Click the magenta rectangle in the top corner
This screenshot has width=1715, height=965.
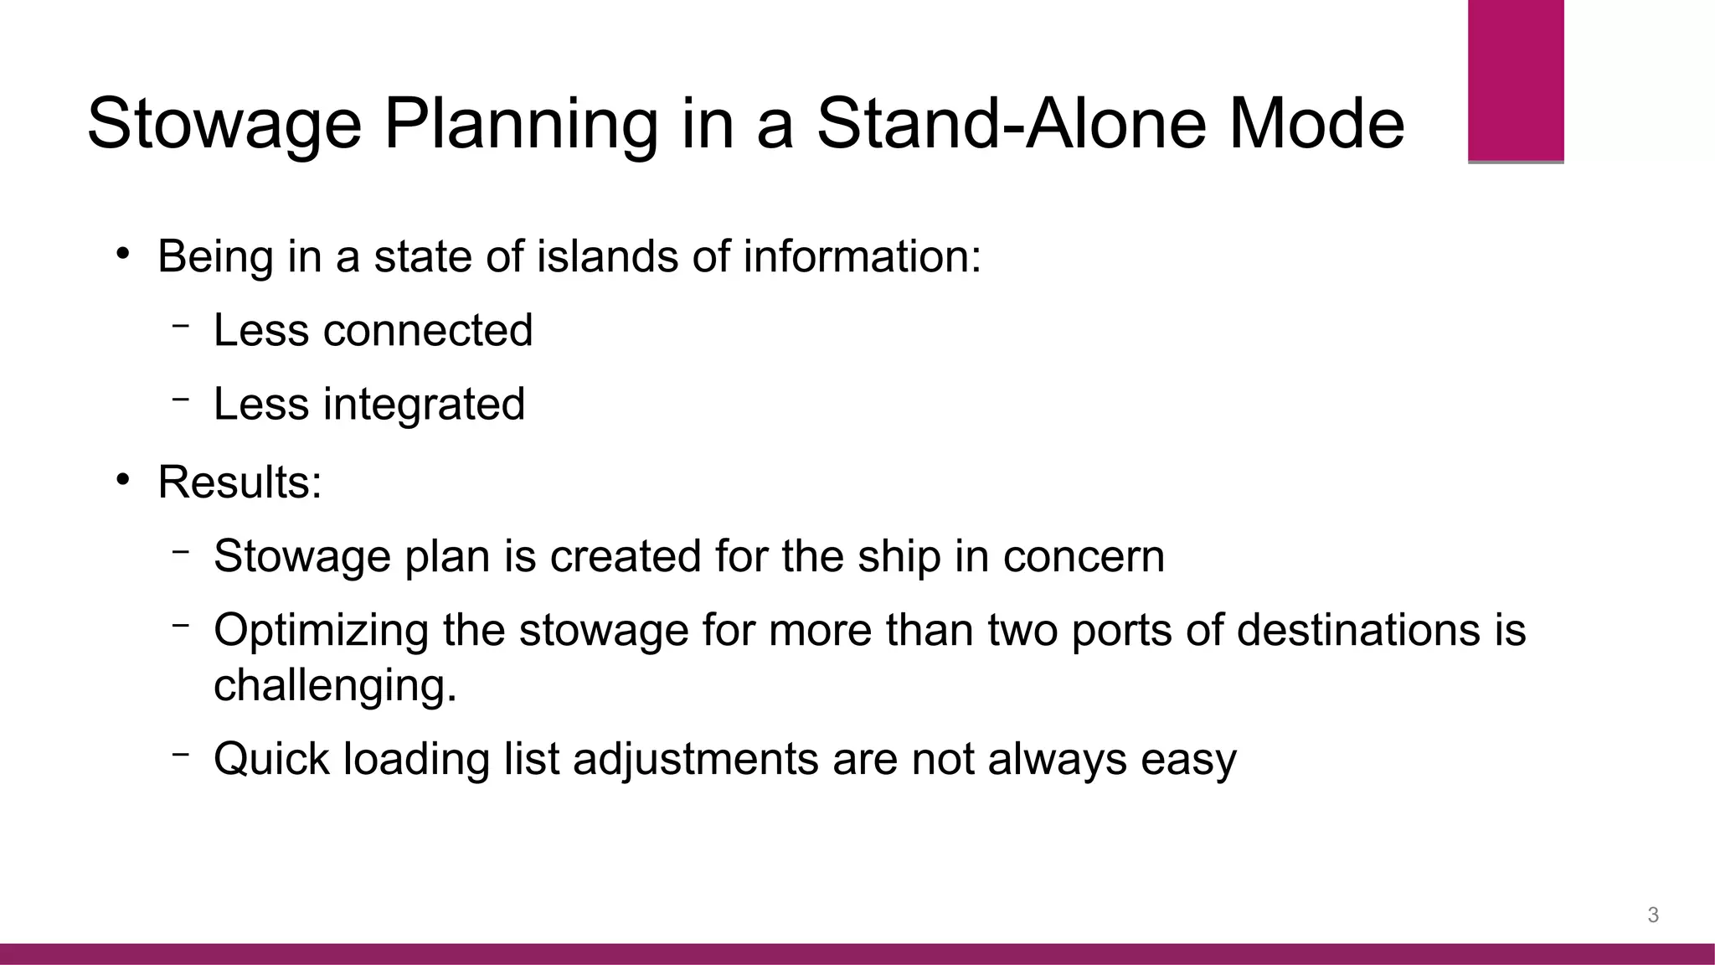(1516, 80)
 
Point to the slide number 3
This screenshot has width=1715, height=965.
(1653, 915)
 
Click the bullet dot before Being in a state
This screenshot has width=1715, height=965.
(123, 254)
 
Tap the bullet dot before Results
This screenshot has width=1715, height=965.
(123, 480)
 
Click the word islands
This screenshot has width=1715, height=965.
(607, 255)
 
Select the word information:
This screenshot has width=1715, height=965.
(862, 255)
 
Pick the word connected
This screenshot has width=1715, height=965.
(427, 330)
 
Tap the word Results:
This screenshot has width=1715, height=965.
(239, 482)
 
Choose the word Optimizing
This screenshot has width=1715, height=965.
(321, 631)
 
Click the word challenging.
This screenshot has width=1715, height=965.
(335, 685)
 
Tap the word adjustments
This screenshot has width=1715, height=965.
(695, 760)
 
